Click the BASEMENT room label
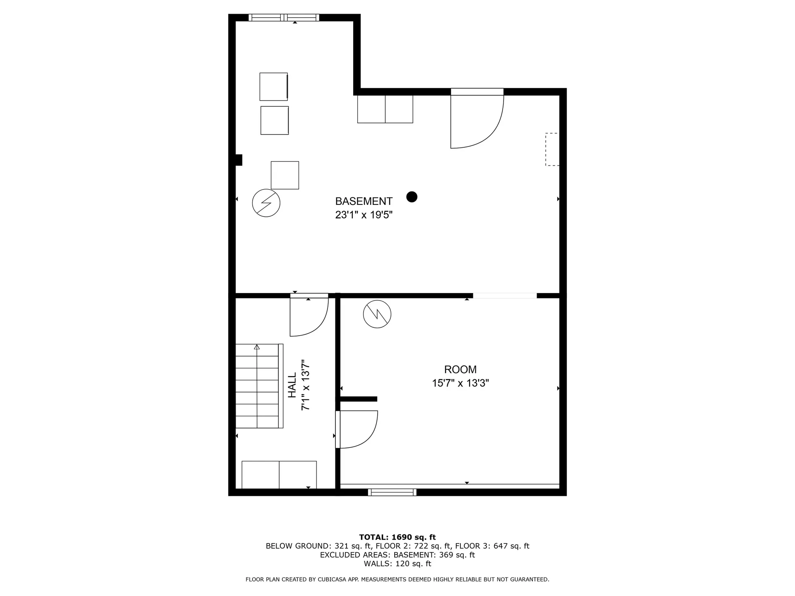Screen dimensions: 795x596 [x=364, y=201]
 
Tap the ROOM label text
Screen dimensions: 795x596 [x=460, y=369]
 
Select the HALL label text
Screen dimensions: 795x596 [x=292, y=385]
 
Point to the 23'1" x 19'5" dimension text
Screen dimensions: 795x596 [x=364, y=215]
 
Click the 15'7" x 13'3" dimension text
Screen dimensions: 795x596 [x=460, y=383]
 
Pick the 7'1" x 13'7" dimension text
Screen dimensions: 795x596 [x=306, y=385]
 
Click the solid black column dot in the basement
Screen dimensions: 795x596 [x=412, y=197]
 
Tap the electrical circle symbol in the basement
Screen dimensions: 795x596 [x=266, y=203]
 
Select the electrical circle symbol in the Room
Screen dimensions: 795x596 [x=377, y=314]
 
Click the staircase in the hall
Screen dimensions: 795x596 [x=259, y=386]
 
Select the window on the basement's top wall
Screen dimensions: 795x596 [x=284, y=17]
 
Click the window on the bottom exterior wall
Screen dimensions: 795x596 [x=392, y=492]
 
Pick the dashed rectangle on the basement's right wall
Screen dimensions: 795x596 [x=552, y=149]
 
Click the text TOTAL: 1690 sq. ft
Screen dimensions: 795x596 [x=397, y=537]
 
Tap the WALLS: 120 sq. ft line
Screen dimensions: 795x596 [x=397, y=564]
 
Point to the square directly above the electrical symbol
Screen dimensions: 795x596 [x=285, y=175]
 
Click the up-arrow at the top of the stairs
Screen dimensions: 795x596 [x=257, y=347]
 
